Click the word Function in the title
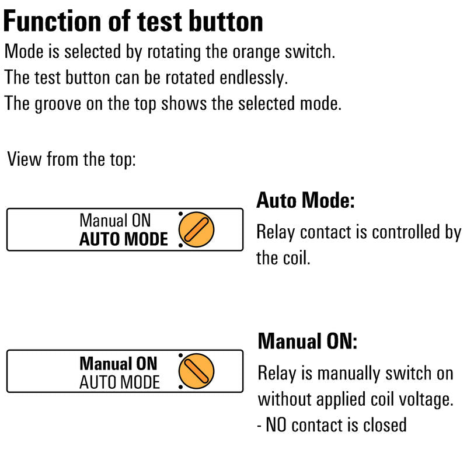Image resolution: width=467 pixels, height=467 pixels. (53, 21)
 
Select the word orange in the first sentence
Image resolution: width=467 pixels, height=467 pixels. (256, 53)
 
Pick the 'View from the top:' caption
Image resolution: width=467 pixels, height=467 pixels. (71, 159)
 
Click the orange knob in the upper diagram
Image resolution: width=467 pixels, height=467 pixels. (196, 229)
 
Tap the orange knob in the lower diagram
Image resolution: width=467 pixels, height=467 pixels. (196, 371)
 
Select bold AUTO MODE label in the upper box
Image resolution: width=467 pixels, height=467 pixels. (124, 239)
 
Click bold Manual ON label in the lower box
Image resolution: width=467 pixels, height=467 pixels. (119, 363)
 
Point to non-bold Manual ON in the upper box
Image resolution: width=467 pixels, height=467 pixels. (115, 221)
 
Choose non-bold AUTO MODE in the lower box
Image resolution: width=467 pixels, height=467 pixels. (120, 382)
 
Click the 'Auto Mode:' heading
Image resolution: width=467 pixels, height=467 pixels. (305, 200)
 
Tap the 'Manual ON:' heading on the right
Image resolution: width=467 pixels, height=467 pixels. (308, 341)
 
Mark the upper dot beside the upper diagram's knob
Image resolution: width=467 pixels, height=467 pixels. (180, 214)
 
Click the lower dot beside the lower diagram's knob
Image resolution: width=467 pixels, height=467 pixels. (180, 387)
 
